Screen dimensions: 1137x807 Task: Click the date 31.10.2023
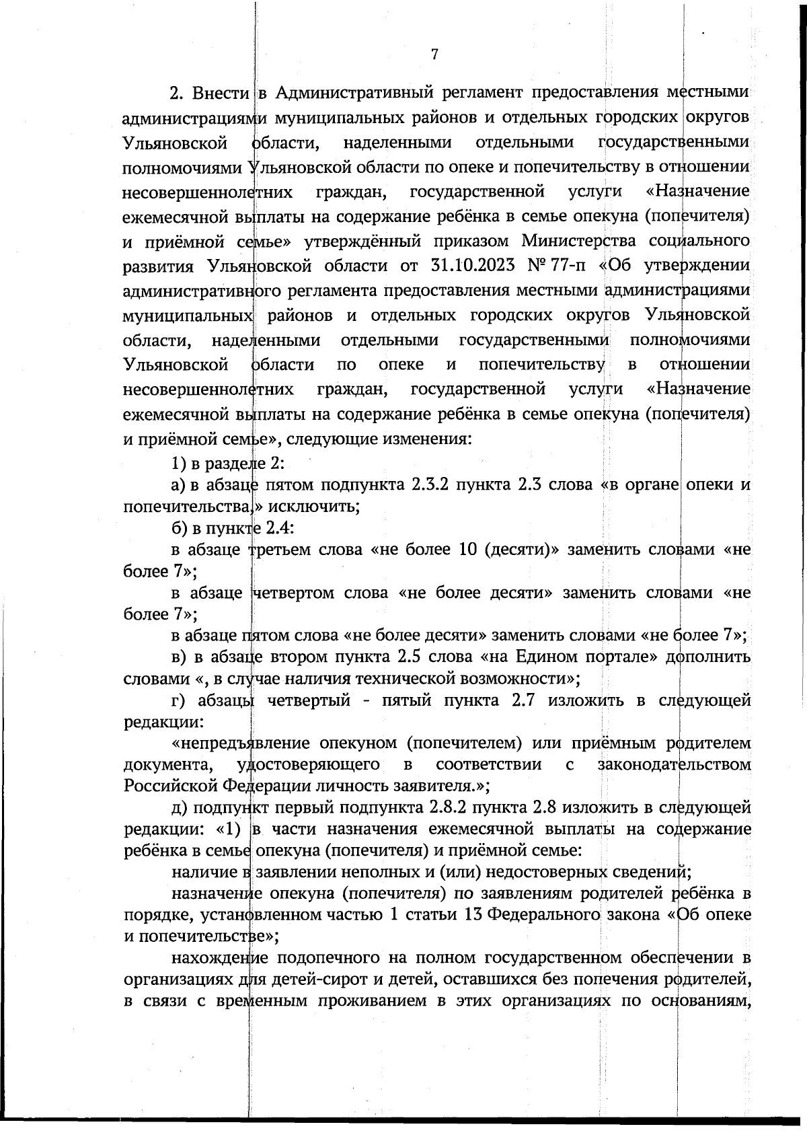tap(471, 265)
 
